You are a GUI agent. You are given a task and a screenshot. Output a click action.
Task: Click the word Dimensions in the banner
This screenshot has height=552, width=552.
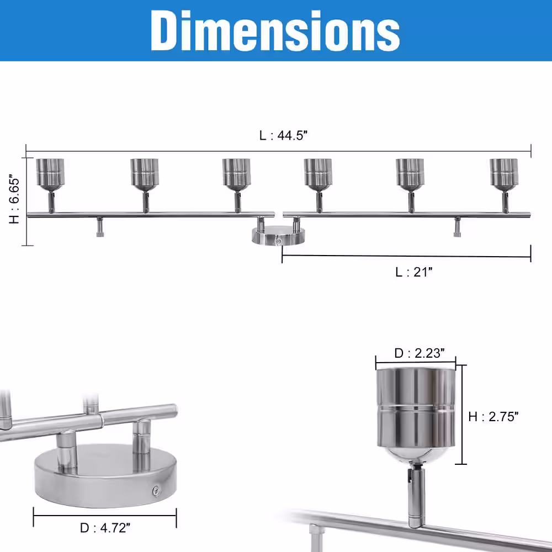[x=275, y=30]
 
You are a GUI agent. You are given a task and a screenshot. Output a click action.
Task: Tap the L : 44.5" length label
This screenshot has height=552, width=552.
[x=283, y=135]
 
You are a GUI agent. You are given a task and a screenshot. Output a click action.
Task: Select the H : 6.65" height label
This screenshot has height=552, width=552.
[x=14, y=199]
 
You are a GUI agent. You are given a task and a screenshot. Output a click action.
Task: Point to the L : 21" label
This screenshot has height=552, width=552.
[x=413, y=272]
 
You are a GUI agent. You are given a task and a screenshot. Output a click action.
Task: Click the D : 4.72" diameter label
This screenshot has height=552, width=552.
[x=105, y=528]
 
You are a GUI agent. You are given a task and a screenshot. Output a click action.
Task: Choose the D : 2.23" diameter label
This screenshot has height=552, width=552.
[x=420, y=353]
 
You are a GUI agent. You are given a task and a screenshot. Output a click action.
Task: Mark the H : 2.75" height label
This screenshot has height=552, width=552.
[x=493, y=416]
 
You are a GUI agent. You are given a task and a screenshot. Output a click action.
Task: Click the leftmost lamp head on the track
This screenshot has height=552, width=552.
[x=50, y=174]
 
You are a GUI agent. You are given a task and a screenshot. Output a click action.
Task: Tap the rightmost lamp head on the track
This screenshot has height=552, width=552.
[x=504, y=174]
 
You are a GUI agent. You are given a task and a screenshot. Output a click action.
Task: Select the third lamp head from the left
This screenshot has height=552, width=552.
[x=236, y=174]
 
